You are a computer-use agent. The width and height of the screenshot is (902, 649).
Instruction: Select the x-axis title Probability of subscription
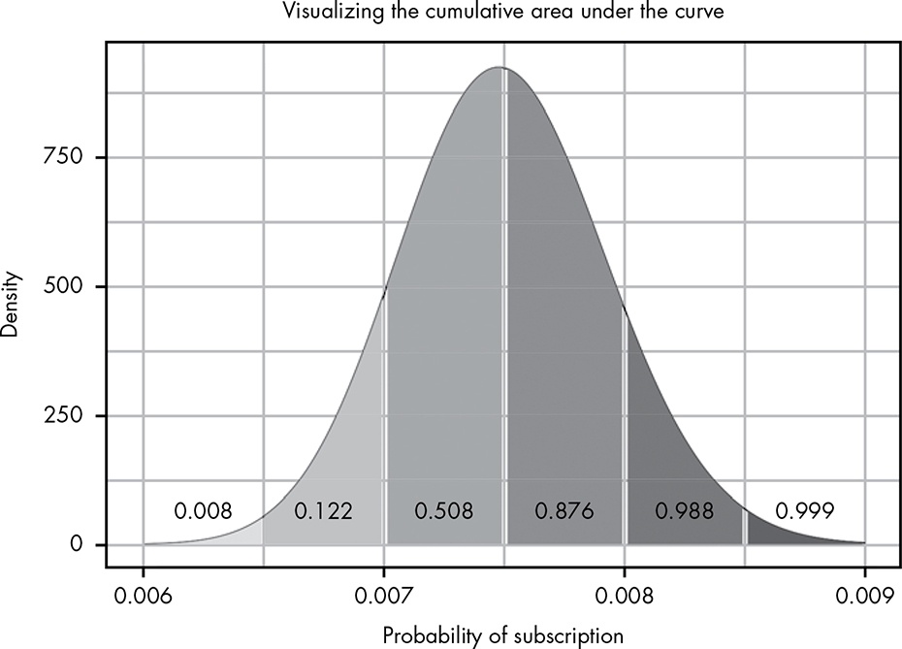[x=502, y=635]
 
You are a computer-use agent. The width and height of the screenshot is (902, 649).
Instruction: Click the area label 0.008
[x=203, y=510]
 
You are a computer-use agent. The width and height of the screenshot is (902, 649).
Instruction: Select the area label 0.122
[x=323, y=510]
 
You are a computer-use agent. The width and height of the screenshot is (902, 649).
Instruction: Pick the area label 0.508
[x=443, y=510]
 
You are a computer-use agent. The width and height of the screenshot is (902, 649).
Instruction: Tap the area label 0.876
[x=564, y=510]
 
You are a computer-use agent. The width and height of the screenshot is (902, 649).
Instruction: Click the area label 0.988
[x=684, y=510]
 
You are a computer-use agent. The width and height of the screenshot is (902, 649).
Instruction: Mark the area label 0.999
[x=804, y=510]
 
